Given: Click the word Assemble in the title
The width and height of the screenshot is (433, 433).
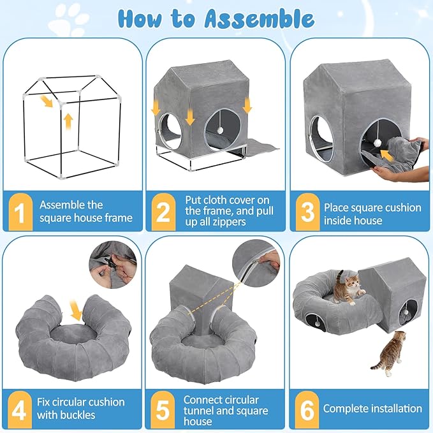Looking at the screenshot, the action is (x=259, y=18).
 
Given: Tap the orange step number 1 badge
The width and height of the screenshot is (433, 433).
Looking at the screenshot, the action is (x=20, y=212).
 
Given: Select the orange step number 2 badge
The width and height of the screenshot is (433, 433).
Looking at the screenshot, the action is (x=163, y=212).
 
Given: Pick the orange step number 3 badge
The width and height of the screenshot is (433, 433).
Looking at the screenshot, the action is (x=307, y=212).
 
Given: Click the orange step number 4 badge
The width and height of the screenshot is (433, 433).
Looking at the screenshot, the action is (x=19, y=409).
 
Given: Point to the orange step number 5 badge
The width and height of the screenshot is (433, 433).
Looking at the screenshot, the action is (x=163, y=409).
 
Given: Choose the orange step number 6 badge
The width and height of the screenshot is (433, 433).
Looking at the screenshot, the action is (x=307, y=409).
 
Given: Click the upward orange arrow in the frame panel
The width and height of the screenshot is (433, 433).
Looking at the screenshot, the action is (x=68, y=122).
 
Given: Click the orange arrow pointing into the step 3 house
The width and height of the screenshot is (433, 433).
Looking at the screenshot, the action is (x=387, y=155).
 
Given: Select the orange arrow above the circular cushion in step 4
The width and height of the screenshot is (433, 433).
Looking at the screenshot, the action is (x=76, y=309).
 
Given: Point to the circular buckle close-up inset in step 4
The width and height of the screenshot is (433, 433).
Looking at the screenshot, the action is (x=113, y=265).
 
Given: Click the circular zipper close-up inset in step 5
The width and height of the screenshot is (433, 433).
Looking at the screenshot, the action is (x=256, y=263).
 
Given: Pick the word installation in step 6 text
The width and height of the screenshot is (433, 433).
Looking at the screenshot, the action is (x=397, y=408).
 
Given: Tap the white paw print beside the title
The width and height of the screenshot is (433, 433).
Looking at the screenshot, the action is (x=69, y=21).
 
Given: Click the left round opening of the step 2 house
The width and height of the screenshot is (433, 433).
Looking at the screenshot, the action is (x=171, y=131).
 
